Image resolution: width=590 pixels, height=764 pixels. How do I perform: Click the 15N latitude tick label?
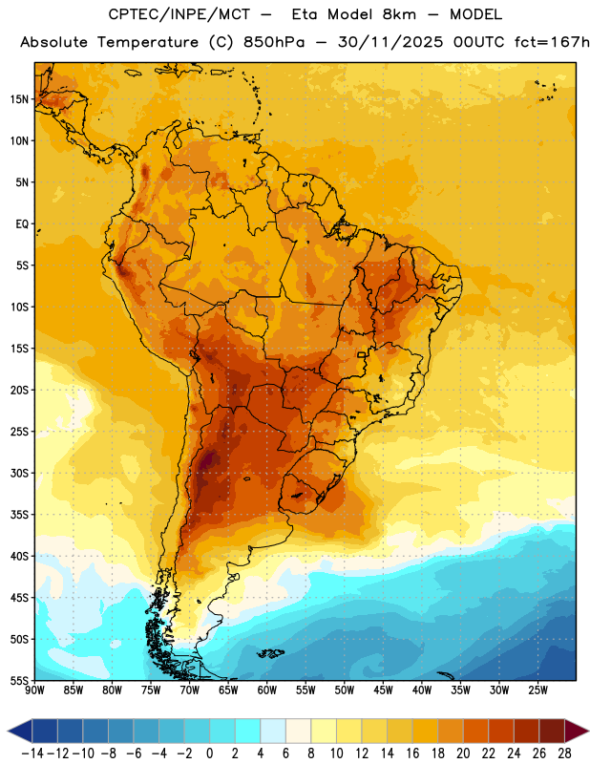(x=19, y=99)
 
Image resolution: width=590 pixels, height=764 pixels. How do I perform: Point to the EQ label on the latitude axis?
(x=22, y=224)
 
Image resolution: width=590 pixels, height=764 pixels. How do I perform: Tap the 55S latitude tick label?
(x=19, y=680)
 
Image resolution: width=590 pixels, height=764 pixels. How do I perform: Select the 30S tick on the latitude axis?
(x=19, y=473)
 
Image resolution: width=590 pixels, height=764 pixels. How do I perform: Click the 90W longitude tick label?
(x=34, y=690)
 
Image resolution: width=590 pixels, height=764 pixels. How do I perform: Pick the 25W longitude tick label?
(x=537, y=690)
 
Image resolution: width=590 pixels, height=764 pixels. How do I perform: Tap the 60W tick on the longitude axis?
(x=267, y=690)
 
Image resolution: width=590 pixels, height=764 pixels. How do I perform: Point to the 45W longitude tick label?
(x=384, y=690)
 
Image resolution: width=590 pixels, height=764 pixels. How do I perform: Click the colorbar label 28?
(x=564, y=753)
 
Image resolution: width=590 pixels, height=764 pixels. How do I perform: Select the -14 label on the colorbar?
(x=32, y=753)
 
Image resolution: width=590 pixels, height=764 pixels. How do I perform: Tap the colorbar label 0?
(x=210, y=753)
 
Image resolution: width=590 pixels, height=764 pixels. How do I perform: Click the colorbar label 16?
(x=412, y=753)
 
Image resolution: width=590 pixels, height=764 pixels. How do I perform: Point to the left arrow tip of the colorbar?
(x=8, y=731)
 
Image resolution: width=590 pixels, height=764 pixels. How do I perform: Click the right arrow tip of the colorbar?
(x=588, y=731)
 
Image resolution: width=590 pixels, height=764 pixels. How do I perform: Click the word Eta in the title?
(x=304, y=14)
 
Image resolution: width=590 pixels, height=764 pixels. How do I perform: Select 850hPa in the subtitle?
(x=274, y=42)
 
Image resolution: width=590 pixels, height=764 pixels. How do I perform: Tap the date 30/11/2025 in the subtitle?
(x=390, y=43)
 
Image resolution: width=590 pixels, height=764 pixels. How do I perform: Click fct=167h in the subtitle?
(x=552, y=42)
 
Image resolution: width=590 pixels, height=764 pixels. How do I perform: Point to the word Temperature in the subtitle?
(x=148, y=43)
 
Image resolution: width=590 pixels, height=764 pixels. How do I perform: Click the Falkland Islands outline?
(x=270, y=653)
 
